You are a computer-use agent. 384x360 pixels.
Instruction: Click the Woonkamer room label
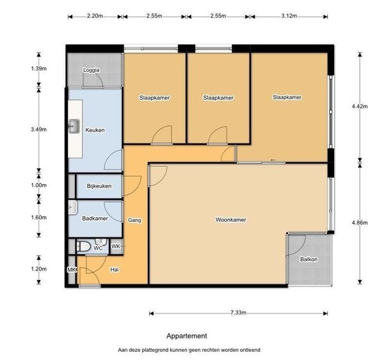coord(230,219)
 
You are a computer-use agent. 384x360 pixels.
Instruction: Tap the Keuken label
coord(95,130)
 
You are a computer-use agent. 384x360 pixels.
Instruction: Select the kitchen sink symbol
coord(74,126)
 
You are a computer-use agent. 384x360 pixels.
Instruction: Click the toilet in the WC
coord(84,246)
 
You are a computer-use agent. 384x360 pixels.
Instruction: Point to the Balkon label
coord(309,259)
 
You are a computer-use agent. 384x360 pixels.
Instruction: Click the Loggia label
coord(92,70)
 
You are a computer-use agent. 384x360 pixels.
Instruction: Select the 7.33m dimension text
coord(238,313)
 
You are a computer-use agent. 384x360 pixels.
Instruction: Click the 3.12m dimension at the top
coord(289,16)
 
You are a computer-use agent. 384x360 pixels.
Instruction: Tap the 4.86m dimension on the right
coord(360,223)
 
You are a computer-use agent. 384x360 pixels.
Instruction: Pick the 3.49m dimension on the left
coord(38,129)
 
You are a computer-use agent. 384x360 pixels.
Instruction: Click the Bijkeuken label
coord(99,186)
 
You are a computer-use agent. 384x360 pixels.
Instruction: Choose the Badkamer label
coord(95,218)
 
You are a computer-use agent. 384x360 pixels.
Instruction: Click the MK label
coord(72,270)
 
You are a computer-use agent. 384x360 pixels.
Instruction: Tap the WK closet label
coord(116,246)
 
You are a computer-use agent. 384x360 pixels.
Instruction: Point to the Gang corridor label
coord(134,220)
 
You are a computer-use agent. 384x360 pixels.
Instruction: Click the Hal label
coord(115,270)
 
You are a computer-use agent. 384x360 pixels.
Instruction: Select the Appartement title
coord(187,336)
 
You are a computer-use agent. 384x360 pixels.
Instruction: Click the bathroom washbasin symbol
coord(73,208)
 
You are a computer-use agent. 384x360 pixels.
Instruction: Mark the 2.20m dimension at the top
coord(95,16)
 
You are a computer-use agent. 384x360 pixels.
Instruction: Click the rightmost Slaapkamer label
coord(287,97)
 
